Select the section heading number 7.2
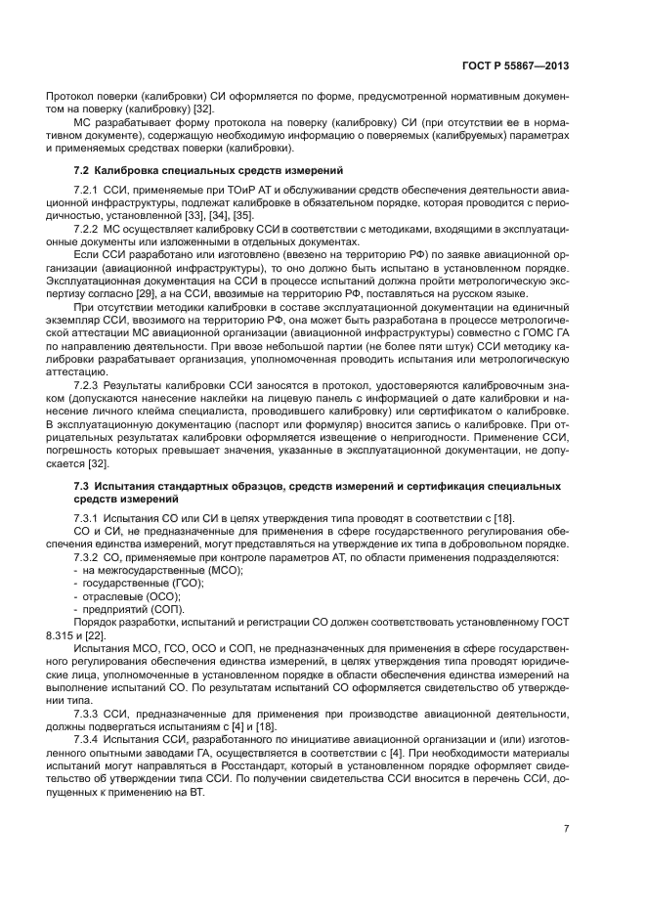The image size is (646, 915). click(84, 171)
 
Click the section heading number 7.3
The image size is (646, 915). click(84, 486)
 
